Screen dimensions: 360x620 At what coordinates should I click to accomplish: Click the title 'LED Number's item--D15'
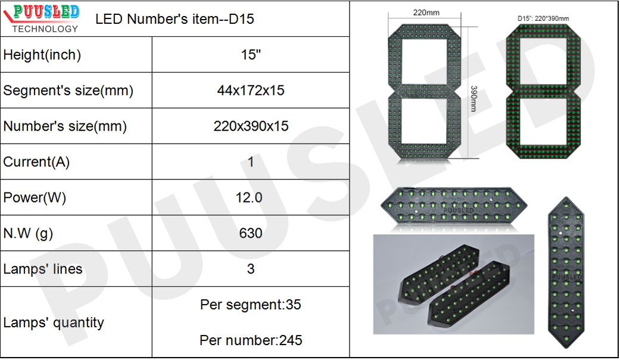click(x=175, y=19)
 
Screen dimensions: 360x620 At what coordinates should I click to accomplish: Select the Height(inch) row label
click(x=42, y=55)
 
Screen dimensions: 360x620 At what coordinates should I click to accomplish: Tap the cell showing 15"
click(x=251, y=55)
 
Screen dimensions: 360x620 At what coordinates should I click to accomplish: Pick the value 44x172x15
click(x=251, y=91)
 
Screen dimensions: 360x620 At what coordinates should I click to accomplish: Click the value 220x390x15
click(x=251, y=126)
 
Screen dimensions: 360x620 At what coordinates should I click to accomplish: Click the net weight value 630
click(x=251, y=233)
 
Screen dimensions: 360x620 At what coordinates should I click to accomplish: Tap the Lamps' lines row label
click(x=43, y=269)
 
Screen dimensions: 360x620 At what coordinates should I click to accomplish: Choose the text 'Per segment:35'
click(x=251, y=305)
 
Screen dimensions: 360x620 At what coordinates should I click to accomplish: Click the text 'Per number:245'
click(x=251, y=340)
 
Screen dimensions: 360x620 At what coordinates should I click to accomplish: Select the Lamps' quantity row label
click(x=54, y=322)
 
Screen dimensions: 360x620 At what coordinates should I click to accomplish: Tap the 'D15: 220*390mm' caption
click(x=543, y=19)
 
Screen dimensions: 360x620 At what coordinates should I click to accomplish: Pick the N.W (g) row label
click(x=28, y=234)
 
